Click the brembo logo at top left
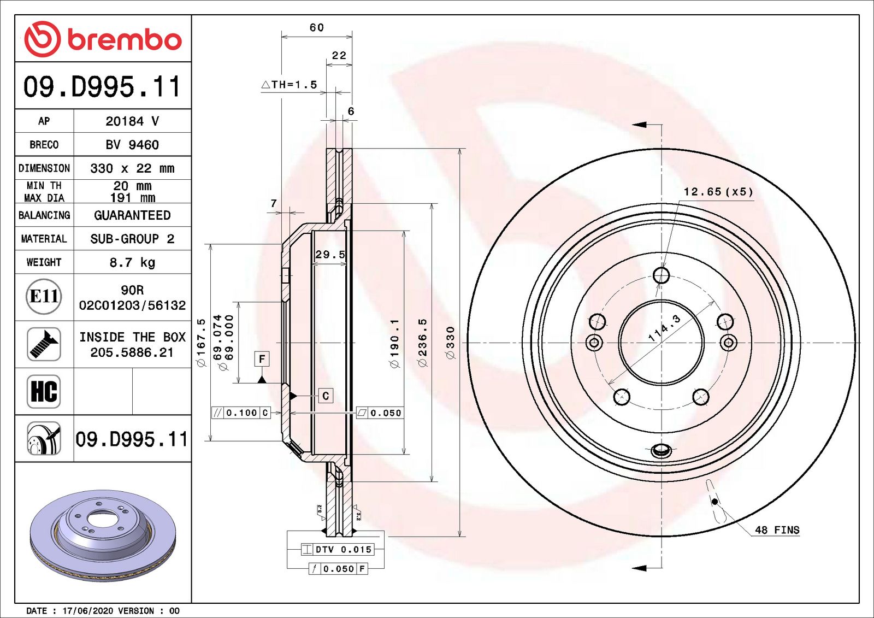coord(103,39)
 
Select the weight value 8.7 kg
coord(132,262)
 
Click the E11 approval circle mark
coord(44,297)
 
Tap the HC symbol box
coord(44,391)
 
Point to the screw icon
coord(44,344)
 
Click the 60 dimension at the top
coord(317,27)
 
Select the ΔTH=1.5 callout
coord(290,85)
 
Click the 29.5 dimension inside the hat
coord(330,255)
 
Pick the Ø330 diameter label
coord(450,343)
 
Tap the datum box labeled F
coord(262,359)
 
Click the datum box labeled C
coord(326,396)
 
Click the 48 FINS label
coord(777,530)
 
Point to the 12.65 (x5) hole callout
coord(718,192)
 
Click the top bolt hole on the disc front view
coord(661,275)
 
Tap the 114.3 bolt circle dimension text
coord(664,328)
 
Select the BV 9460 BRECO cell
coord(132,145)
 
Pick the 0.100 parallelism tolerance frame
coord(241,413)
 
